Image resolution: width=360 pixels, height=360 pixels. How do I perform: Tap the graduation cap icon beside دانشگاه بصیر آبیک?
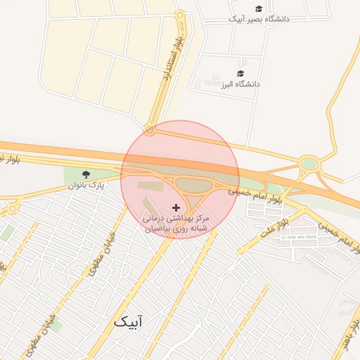click(259, 9)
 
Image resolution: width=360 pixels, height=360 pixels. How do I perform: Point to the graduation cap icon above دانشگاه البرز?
click(240, 74)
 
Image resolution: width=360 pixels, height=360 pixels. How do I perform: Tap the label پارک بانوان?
click(86, 185)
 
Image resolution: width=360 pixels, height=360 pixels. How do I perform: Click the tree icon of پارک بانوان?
click(86, 174)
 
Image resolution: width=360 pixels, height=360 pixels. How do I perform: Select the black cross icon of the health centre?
click(176, 208)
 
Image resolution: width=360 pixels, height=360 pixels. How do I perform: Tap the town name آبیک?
click(127, 322)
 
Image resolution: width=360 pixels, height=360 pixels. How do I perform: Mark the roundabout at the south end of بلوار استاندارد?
click(149, 129)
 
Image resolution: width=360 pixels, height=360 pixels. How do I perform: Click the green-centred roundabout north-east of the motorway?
click(309, 165)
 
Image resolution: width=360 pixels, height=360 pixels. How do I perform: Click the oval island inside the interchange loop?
click(191, 184)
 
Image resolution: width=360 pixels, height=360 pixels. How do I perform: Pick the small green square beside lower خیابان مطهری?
click(55, 324)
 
